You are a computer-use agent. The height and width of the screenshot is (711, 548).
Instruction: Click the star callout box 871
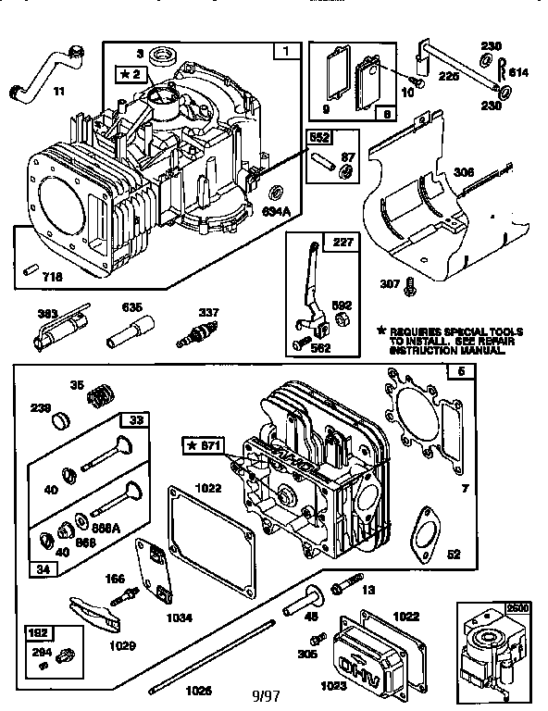pyautogui.click(x=203, y=446)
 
